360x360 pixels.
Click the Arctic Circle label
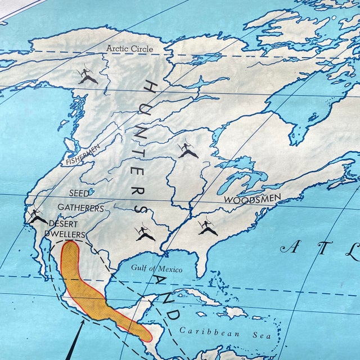click(x=129, y=49)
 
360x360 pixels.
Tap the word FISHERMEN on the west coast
click(x=83, y=154)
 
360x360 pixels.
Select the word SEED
click(x=79, y=194)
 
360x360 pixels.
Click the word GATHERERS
click(x=80, y=208)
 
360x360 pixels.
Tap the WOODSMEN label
click(x=252, y=199)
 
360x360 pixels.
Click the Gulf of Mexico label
click(x=156, y=268)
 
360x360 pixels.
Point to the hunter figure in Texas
click(x=145, y=232)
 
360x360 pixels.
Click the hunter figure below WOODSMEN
click(x=208, y=227)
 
